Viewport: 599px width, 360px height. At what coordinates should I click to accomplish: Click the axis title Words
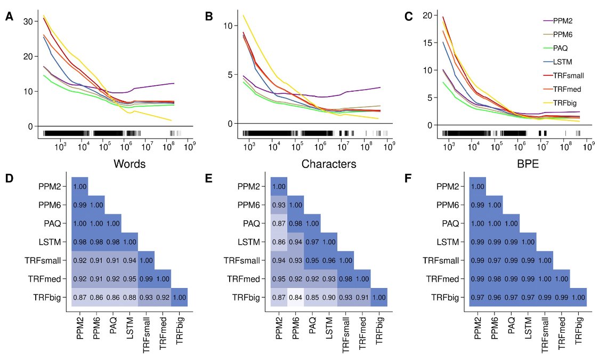coord(129,164)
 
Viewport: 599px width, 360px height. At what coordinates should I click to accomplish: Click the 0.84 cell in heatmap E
coord(295,298)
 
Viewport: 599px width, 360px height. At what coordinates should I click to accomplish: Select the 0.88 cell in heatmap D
coord(129,298)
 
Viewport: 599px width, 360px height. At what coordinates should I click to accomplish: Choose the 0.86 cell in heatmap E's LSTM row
coord(278,242)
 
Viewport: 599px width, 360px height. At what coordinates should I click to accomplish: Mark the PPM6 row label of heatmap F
coord(449,205)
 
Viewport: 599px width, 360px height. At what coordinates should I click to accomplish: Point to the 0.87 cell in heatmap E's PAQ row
coord(278,223)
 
